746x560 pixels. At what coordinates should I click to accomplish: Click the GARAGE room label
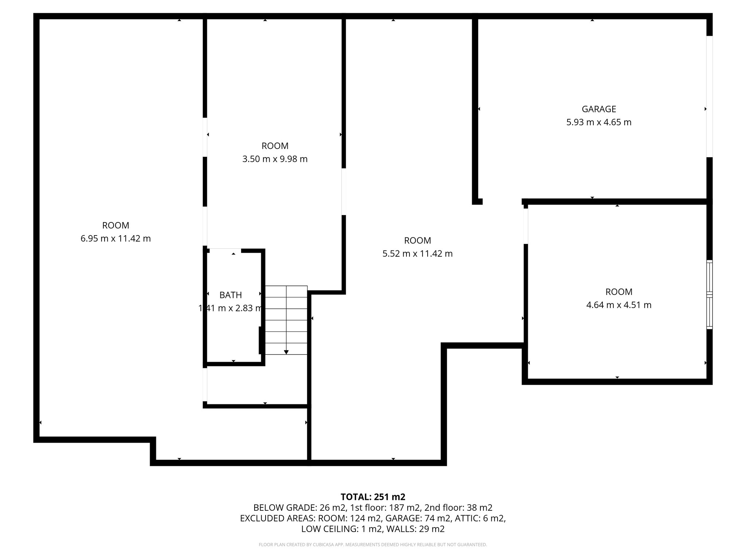point(598,109)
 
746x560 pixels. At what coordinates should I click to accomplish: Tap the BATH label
point(231,295)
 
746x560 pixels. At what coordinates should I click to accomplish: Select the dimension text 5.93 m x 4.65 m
point(598,122)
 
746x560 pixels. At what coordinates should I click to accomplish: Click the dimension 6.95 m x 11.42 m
point(115,239)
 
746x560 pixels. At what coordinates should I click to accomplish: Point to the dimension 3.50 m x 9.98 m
point(275,159)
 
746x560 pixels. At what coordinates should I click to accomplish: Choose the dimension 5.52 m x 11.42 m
point(417,254)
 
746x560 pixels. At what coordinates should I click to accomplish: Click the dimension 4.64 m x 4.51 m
point(619,305)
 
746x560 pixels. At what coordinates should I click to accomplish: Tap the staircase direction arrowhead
point(286,352)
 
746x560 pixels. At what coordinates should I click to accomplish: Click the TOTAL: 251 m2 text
point(373,497)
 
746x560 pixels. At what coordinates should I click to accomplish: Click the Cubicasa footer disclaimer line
point(373,545)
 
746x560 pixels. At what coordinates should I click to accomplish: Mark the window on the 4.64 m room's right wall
point(709,295)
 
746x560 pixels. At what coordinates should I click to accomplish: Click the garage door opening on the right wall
point(709,97)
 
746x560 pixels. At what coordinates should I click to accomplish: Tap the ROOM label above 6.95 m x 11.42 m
point(115,226)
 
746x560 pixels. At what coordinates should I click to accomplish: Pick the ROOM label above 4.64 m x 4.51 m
point(619,292)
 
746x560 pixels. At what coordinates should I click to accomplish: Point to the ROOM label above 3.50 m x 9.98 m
point(275,146)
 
